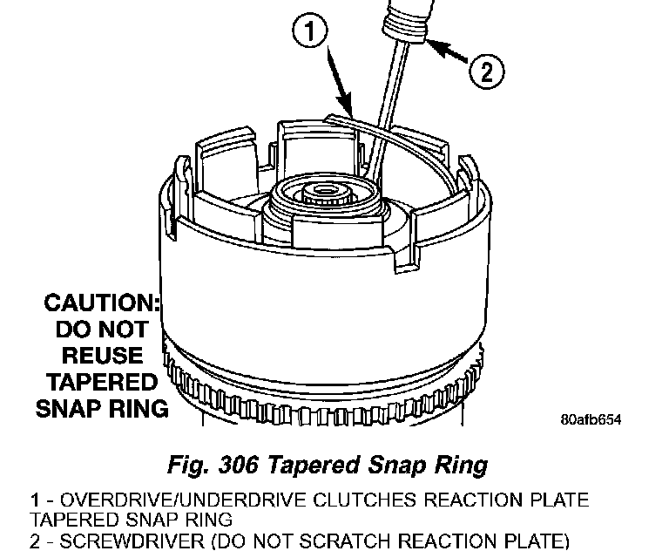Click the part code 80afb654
tap(590, 419)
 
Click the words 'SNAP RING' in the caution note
tap(102, 408)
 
